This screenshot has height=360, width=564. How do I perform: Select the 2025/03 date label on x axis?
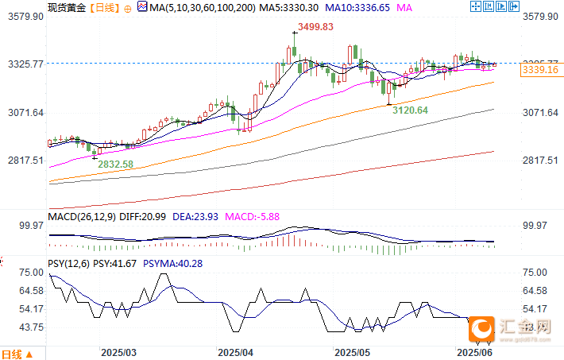(x=118, y=351)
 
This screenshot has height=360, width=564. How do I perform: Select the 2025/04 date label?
(x=235, y=351)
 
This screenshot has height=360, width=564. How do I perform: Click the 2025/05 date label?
(x=353, y=351)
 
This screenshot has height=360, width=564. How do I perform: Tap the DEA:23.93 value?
(x=193, y=216)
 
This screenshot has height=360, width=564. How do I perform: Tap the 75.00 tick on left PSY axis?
(x=31, y=272)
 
